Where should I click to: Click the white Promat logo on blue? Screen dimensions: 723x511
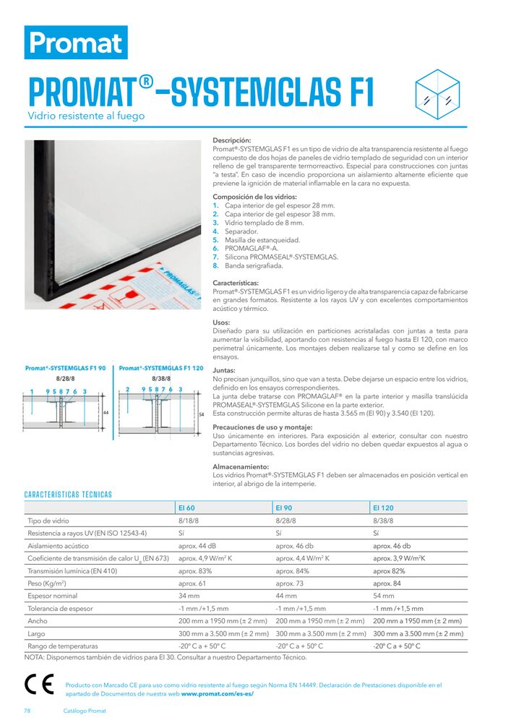pyautogui.click(x=76, y=43)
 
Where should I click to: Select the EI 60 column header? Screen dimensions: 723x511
pyautogui.click(x=187, y=508)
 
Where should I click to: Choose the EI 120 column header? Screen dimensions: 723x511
pyautogui.click(x=383, y=508)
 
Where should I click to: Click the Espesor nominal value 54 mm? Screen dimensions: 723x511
pyautogui.click(x=384, y=596)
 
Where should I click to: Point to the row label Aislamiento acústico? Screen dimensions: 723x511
pyautogui.click(x=58, y=546)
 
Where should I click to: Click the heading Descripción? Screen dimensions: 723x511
pyautogui.click(x=231, y=140)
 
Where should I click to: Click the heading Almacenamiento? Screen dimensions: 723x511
pyautogui.click(x=239, y=467)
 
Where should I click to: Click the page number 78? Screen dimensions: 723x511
pyautogui.click(x=27, y=711)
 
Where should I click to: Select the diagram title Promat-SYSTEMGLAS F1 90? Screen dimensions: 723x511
pyautogui.click(x=66, y=368)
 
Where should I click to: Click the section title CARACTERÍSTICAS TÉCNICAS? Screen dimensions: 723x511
pyautogui.click(x=68, y=495)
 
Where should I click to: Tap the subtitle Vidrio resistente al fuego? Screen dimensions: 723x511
pyautogui.click(x=86, y=116)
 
